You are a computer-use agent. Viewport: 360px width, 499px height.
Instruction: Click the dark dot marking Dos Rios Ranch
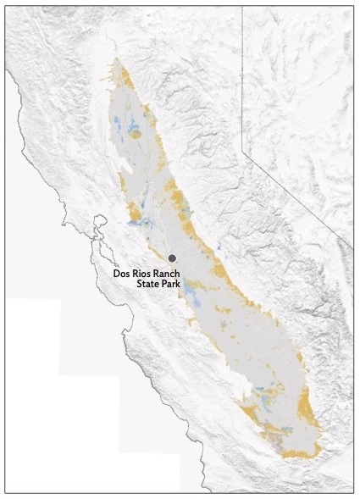coord(172,258)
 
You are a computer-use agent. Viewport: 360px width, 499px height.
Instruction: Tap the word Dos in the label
coord(125,274)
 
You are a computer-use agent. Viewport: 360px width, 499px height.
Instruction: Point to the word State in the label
coord(149,286)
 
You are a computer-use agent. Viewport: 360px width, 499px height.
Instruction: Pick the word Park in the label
coord(176,286)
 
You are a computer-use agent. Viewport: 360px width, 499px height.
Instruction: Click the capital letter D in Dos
coord(118,274)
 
